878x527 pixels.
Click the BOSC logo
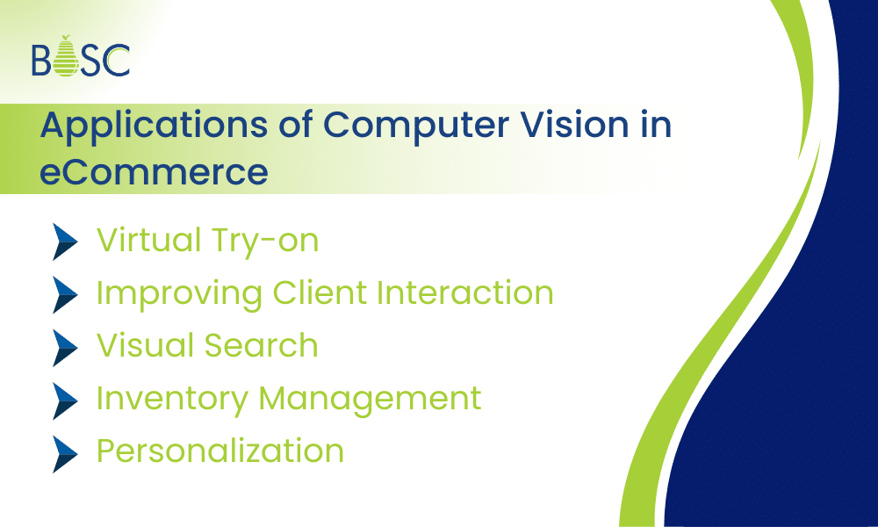[81, 57]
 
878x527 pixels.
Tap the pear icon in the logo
[65, 57]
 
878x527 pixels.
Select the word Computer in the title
[403, 125]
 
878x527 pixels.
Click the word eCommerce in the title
[154, 170]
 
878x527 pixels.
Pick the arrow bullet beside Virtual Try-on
[66, 241]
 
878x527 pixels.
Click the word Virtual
[145, 240]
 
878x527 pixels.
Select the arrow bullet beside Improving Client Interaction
[66, 293]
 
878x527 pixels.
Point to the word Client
[320, 292]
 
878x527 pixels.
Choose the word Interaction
[464, 292]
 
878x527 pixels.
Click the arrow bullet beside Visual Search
[66, 346]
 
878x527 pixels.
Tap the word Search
[263, 345]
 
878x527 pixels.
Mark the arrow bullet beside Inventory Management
[66, 399]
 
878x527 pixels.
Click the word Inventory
[172, 399]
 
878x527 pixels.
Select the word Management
[370, 399]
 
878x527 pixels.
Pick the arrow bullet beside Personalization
[66, 451]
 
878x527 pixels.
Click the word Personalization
[219, 451]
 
